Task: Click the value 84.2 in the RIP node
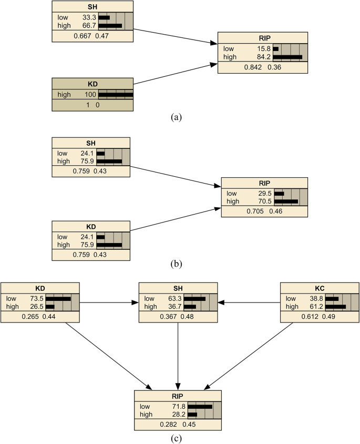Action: [x=261, y=56]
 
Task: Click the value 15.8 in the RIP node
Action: [x=261, y=48]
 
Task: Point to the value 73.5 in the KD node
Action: [x=36, y=298]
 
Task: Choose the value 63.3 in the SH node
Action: [x=174, y=298]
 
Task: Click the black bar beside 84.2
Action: [x=287, y=56]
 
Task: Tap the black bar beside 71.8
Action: [x=200, y=407]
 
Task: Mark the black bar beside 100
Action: [x=116, y=94]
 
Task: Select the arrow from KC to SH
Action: [x=249, y=302]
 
